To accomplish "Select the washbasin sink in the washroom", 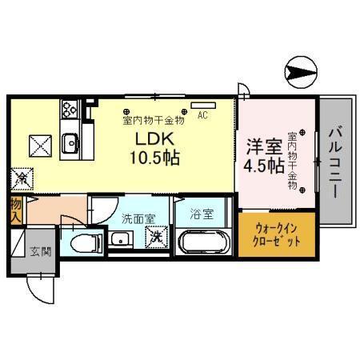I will [122, 238].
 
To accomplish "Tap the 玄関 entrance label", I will [40, 251].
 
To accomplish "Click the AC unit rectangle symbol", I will [202, 105].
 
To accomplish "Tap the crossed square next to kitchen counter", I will [40, 145].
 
